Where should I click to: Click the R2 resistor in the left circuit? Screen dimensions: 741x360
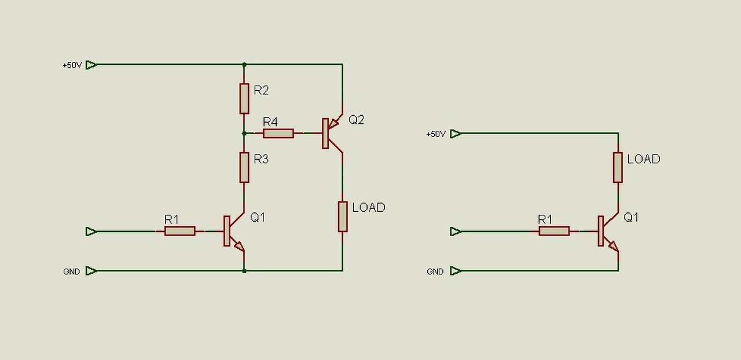(244, 98)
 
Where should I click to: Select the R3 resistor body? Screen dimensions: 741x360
(244, 167)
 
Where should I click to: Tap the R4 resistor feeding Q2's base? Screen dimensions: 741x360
(278, 133)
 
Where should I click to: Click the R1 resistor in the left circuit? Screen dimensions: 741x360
(180, 231)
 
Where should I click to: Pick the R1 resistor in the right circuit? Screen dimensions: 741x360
(554, 231)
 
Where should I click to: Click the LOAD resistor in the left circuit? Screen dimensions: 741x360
(343, 216)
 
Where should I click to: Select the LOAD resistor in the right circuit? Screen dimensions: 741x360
(618, 167)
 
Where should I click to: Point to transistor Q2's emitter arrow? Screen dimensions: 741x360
(333, 124)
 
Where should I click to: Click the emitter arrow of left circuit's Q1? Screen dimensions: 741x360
(239, 246)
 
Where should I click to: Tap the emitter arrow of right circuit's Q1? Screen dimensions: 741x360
(614, 246)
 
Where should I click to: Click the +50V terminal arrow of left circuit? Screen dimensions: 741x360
(91, 65)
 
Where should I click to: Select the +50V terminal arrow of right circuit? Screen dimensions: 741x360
(456, 134)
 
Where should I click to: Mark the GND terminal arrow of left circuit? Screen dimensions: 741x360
(91, 271)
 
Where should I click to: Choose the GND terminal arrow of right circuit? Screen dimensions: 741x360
(456, 271)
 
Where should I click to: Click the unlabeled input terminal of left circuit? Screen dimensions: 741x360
(91, 232)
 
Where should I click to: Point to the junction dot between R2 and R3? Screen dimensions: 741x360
(244, 133)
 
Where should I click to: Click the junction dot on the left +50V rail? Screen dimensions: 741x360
(244, 64)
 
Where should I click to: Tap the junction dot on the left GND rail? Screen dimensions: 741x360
(244, 271)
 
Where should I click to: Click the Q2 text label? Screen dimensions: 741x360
(356, 119)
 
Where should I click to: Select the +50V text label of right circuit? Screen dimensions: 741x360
(436, 134)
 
